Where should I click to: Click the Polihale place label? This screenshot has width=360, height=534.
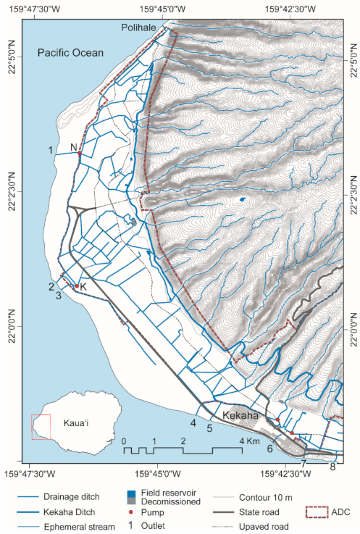pyautogui.click(x=142, y=26)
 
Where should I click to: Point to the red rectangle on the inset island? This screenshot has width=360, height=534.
pyautogui.click(x=41, y=427)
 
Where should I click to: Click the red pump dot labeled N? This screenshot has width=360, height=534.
pyautogui.click(x=79, y=153)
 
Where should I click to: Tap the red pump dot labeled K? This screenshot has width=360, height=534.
pyautogui.click(x=76, y=285)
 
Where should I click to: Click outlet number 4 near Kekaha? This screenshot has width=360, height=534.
pyautogui.click(x=193, y=422)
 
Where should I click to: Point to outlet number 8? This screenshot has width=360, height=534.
pyautogui.click(x=333, y=467)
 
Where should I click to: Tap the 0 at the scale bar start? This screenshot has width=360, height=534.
pyautogui.click(x=124, y=441)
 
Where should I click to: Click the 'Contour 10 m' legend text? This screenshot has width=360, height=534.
pyautogui.click(x=248, y=500)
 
